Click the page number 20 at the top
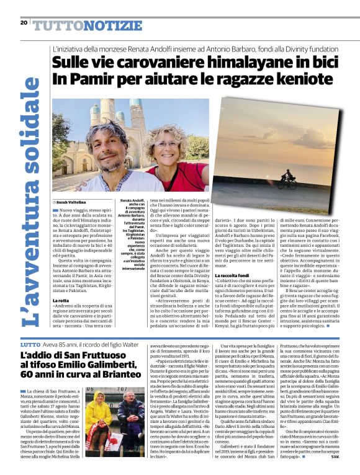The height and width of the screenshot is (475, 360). point(24,23)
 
